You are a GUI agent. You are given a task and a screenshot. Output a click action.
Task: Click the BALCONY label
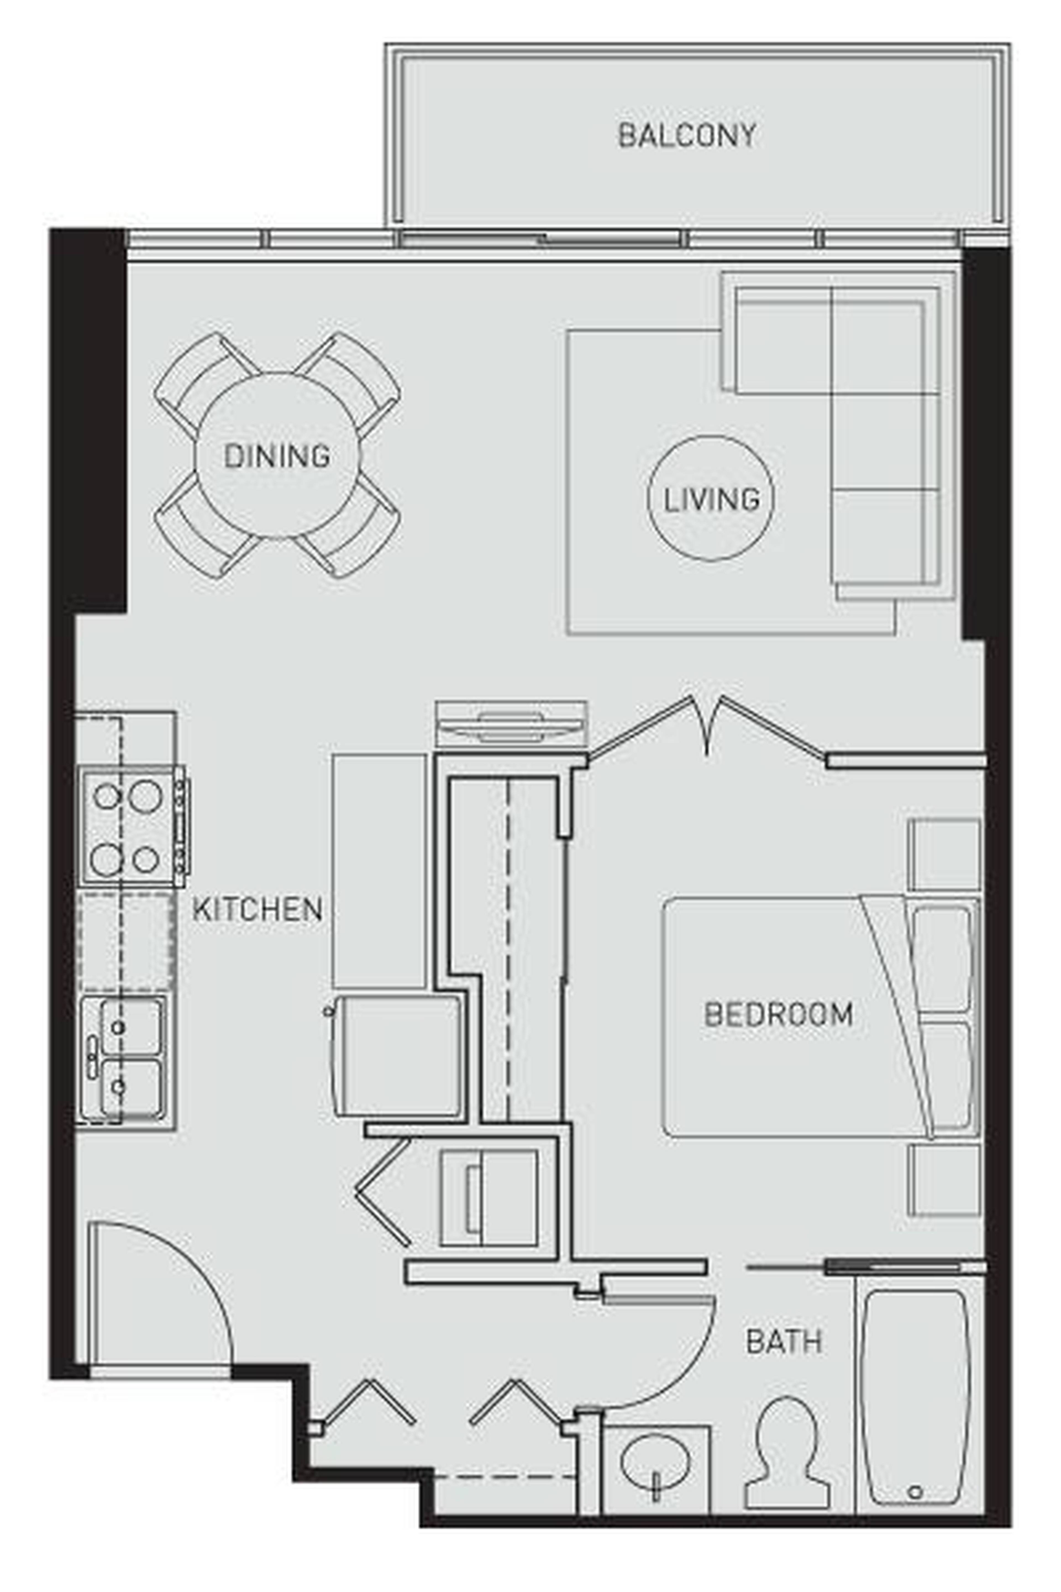point(687,135)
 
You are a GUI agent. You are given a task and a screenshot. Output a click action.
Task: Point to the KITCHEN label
point(257,909)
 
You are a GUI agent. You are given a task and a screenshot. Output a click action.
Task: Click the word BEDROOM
point(778,1014)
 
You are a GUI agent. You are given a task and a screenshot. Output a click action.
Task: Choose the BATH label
point(784,1341)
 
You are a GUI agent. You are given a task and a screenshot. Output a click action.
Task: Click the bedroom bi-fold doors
point(707,728)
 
